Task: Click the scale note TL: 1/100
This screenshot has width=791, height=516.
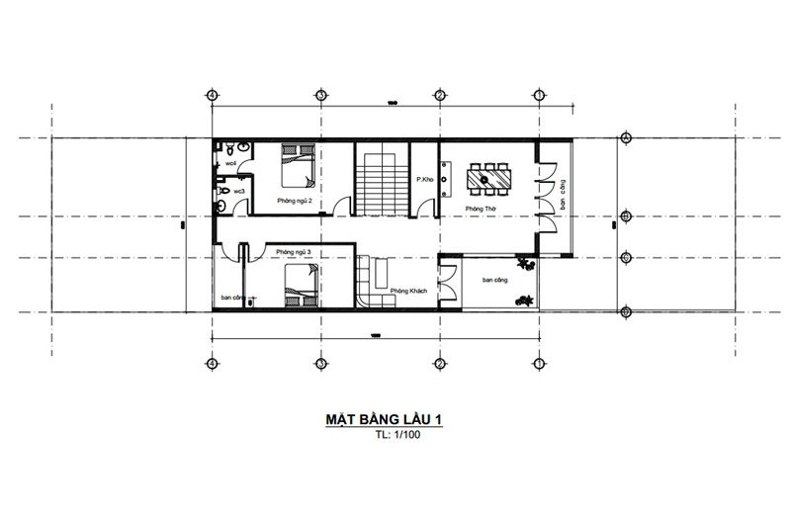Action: pos(395,435)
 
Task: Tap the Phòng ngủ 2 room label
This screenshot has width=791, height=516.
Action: pos(296,202)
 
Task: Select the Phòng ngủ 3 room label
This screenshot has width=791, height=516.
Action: pos(294,253)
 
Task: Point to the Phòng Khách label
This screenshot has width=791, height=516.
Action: pos(407,290)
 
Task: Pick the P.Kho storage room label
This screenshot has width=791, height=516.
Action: pos(426,179)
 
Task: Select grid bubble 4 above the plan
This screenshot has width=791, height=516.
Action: pos(212,95)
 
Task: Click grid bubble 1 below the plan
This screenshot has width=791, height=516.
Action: pos(539,364)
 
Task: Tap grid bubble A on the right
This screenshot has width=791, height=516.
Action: pos(625,312)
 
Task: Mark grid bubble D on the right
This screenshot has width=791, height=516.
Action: pos(625,138)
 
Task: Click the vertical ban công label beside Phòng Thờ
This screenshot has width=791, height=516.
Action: pos(560,197)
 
